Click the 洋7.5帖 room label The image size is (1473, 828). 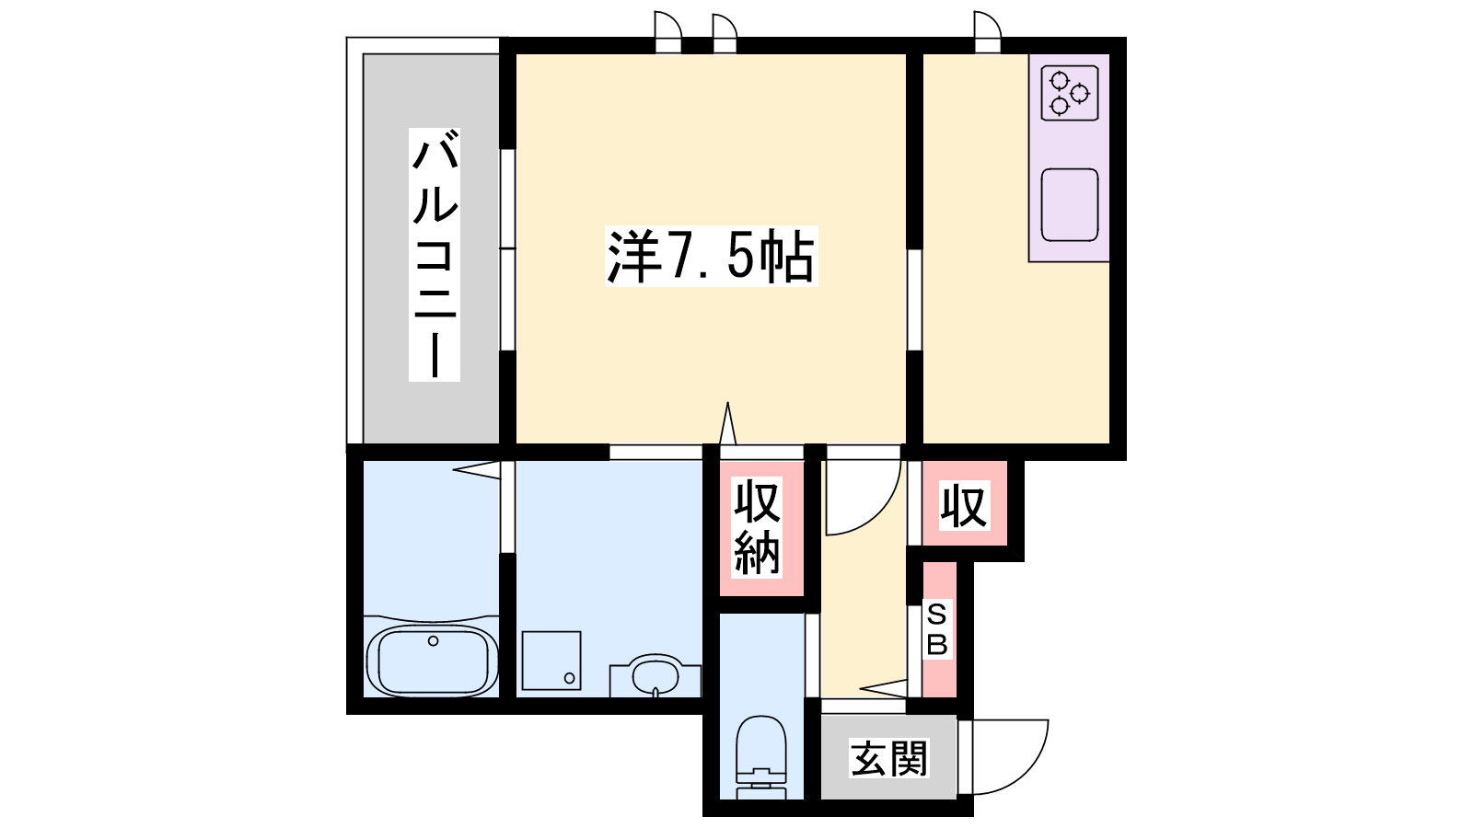pyautogui.click(x=711, y=257)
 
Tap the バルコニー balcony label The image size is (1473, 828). pyautogui.click(x=435, y=255)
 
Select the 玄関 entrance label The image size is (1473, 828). pyautogui.click(x=889, y=758)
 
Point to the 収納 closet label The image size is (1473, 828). pyautogui.click(x=758, y=528)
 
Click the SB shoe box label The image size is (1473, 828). pyautogui.click(x=936, y=631)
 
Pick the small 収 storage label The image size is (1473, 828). pyautogui.click(x=964, y=506)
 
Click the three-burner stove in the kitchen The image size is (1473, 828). pyautogui.click(x=1070, y=93)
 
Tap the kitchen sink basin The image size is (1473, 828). pyautogui.click(x=1070, y=205)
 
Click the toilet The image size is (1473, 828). pyautogui.click(x=760, y=755)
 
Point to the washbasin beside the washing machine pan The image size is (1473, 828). pyautogui.click(x=655, y=675)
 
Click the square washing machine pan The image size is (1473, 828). pyautogui.click(x=551, y=661)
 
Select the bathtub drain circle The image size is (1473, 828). pyautogui.click(x=433, y=640)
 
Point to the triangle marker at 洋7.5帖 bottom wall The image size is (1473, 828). pyautogui.click(x=727, y=424)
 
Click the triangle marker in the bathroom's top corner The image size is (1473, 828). pyautogui.click(x=476, y=470)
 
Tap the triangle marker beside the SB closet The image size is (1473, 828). pyautogui.click(x=883, y=689)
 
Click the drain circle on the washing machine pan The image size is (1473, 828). pyautogui.click(x=570, y=677)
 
